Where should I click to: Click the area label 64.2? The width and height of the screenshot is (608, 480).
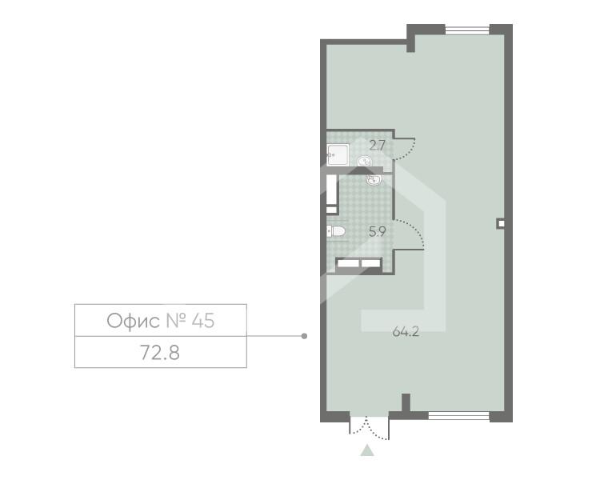[406, 332]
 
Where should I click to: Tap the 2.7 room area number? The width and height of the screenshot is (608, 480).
[378, 146]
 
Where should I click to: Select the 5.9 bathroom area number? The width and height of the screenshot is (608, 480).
[378, 232]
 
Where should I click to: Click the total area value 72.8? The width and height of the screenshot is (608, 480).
[160, 353]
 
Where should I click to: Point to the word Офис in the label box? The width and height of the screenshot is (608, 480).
[133, 321]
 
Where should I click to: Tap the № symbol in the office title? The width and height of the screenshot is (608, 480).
[176, 321]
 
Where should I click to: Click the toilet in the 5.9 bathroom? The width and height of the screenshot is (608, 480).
[336, 231]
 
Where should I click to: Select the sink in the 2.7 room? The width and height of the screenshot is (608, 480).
[365, 161]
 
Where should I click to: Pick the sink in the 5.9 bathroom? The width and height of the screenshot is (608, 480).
[374, 179]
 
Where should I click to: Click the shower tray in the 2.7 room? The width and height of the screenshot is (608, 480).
[338, 154]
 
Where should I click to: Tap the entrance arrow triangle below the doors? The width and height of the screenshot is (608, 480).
[367, 450]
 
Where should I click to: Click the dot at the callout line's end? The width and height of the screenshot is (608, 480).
[304, 336]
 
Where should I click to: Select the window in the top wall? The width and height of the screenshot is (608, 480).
[467, 30]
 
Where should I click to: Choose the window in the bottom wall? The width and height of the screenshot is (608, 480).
[459, 417]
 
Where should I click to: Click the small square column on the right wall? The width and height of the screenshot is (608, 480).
[501, 223]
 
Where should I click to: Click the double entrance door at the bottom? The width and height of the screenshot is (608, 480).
[369, 428]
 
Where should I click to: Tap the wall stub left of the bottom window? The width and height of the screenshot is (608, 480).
[406, 402]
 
